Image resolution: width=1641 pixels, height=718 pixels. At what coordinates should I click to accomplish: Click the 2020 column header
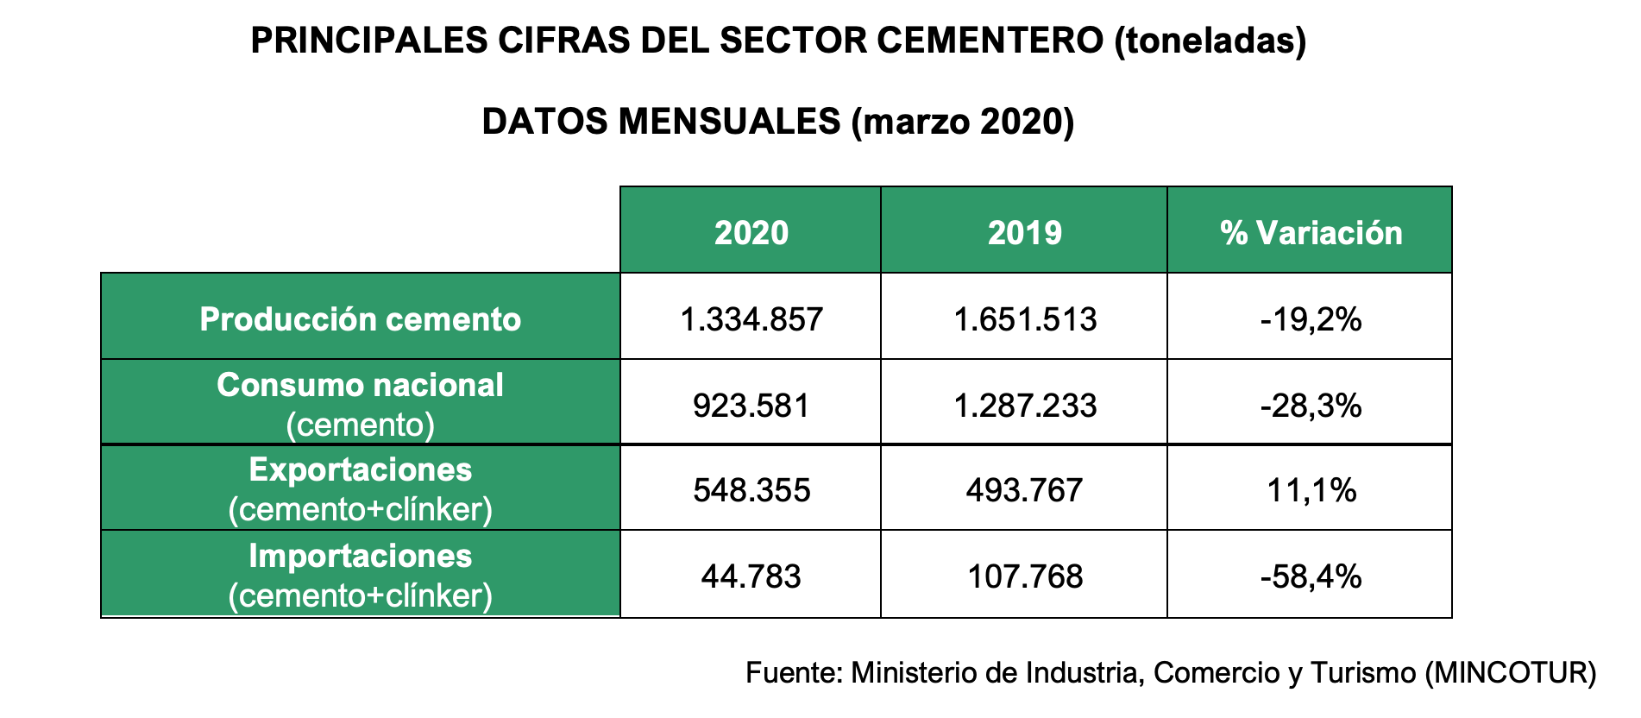[751, 233]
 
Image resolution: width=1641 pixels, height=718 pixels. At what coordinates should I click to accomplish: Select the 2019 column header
[1024, 233]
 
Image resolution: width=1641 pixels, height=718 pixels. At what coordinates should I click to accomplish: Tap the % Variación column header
[1311, 233]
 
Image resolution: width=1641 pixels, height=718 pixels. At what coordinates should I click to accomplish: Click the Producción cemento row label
[361, 319]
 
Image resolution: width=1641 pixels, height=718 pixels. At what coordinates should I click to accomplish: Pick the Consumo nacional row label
[361, 386]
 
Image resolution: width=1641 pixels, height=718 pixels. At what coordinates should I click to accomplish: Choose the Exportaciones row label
[361, 470]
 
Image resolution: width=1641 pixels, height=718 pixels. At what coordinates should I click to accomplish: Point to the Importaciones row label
[361, 557]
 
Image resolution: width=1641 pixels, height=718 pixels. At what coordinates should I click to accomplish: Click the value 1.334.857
[751, 320]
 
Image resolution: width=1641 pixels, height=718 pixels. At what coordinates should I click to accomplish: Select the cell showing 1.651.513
[1024, 320]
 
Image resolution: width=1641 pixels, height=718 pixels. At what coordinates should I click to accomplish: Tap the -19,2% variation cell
[1311, 320]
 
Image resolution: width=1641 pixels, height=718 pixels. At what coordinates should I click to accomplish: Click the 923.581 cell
[751, 406]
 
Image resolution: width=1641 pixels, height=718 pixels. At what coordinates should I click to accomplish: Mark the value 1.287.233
[1024, 406]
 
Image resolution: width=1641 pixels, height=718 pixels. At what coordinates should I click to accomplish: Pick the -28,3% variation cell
[1311, 406]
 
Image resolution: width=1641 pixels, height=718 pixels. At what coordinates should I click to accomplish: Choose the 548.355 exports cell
[751, 491]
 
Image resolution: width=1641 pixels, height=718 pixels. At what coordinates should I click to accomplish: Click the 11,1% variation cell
[1311, 491]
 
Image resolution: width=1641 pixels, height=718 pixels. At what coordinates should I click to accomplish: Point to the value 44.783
[751, 576]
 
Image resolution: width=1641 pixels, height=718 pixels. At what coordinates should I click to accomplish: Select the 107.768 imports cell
[1024, 576]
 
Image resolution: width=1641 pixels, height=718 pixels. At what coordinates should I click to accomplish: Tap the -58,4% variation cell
[1311, 576]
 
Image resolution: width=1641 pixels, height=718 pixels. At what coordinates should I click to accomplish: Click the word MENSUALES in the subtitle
[729, 122]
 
